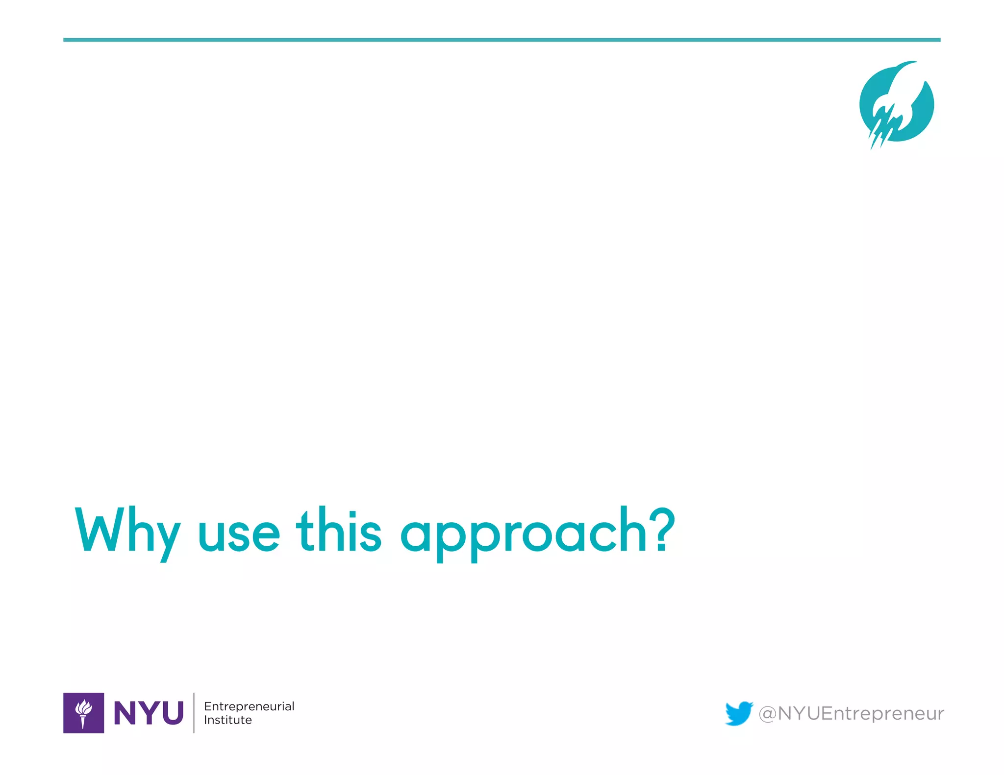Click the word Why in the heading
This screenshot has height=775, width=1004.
127,532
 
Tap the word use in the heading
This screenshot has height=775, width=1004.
239,534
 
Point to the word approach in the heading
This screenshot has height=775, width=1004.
524,534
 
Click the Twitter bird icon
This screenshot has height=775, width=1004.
739,713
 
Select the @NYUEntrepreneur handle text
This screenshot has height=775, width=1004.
851,713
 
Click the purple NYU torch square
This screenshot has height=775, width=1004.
83,713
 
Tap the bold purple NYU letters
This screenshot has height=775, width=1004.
149,713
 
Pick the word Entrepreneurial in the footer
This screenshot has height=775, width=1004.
249,706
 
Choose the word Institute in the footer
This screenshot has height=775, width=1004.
228,720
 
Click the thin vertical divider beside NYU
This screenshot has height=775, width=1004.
194,713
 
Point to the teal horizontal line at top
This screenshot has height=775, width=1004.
502,40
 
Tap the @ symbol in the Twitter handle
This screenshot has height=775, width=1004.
767,714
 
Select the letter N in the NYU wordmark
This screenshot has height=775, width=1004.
125,713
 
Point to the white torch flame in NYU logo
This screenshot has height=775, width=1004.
84,707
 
